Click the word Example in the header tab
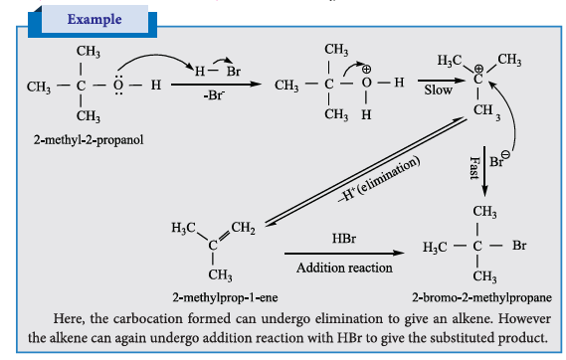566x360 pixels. tap(94, 19)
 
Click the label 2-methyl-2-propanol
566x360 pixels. tap(89, 139)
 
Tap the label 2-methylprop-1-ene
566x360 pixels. tap(225, 297)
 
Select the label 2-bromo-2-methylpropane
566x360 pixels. tap(481, 297)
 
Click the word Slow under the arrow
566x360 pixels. tap(439, 90)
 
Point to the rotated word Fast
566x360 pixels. tap(473, 168)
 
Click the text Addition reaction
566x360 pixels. tap(344, 268)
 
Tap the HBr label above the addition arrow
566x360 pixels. tap(344, 239)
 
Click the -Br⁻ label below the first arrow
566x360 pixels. tap(215, 95)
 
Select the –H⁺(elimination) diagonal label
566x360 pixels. tap(379, 179)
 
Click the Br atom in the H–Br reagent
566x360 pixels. tap(234, 71)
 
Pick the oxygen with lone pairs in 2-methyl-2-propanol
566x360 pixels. tap(118, 86)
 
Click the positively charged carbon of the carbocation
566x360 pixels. tap(477, 79)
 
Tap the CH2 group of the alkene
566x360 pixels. tap(243, 228)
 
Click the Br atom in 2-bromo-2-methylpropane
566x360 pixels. tap(519, 246)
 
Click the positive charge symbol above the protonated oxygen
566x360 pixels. tap(366, 69)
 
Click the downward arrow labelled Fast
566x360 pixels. tap(484, 171)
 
